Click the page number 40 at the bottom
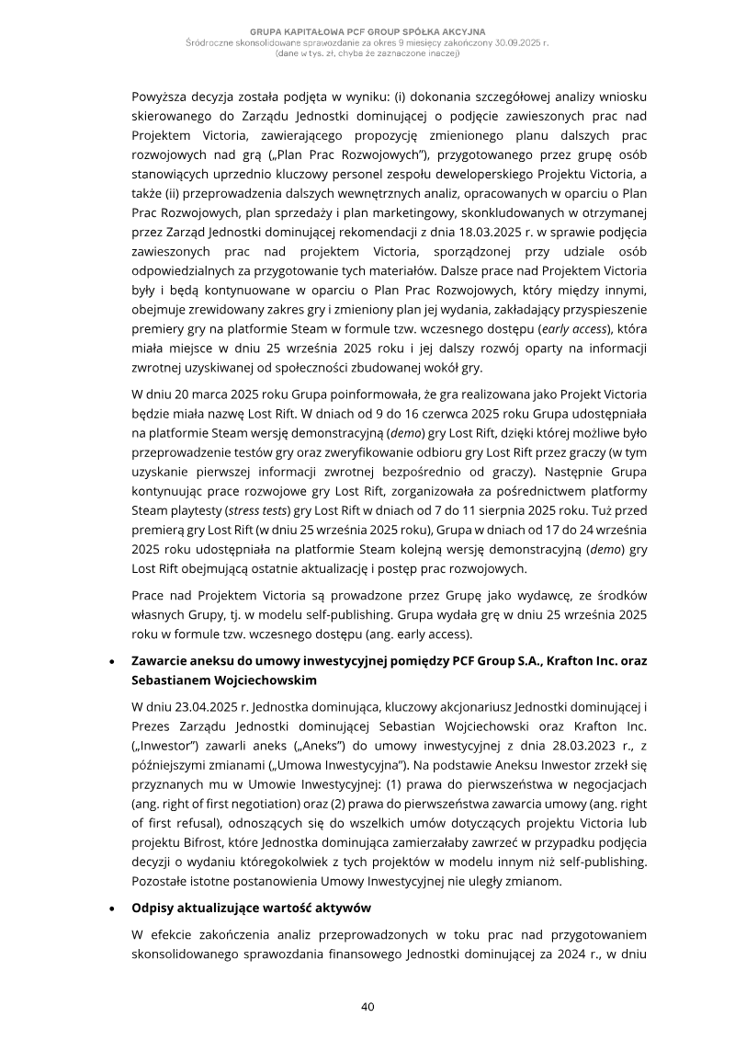coord(367,1007)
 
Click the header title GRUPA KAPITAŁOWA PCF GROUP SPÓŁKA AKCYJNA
coord(367,31)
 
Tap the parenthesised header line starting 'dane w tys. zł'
coord(367,52)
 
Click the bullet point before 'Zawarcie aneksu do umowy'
coord(111,661)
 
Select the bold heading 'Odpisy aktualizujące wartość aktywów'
coord(252,908)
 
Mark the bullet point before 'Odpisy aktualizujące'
coord(111,908)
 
